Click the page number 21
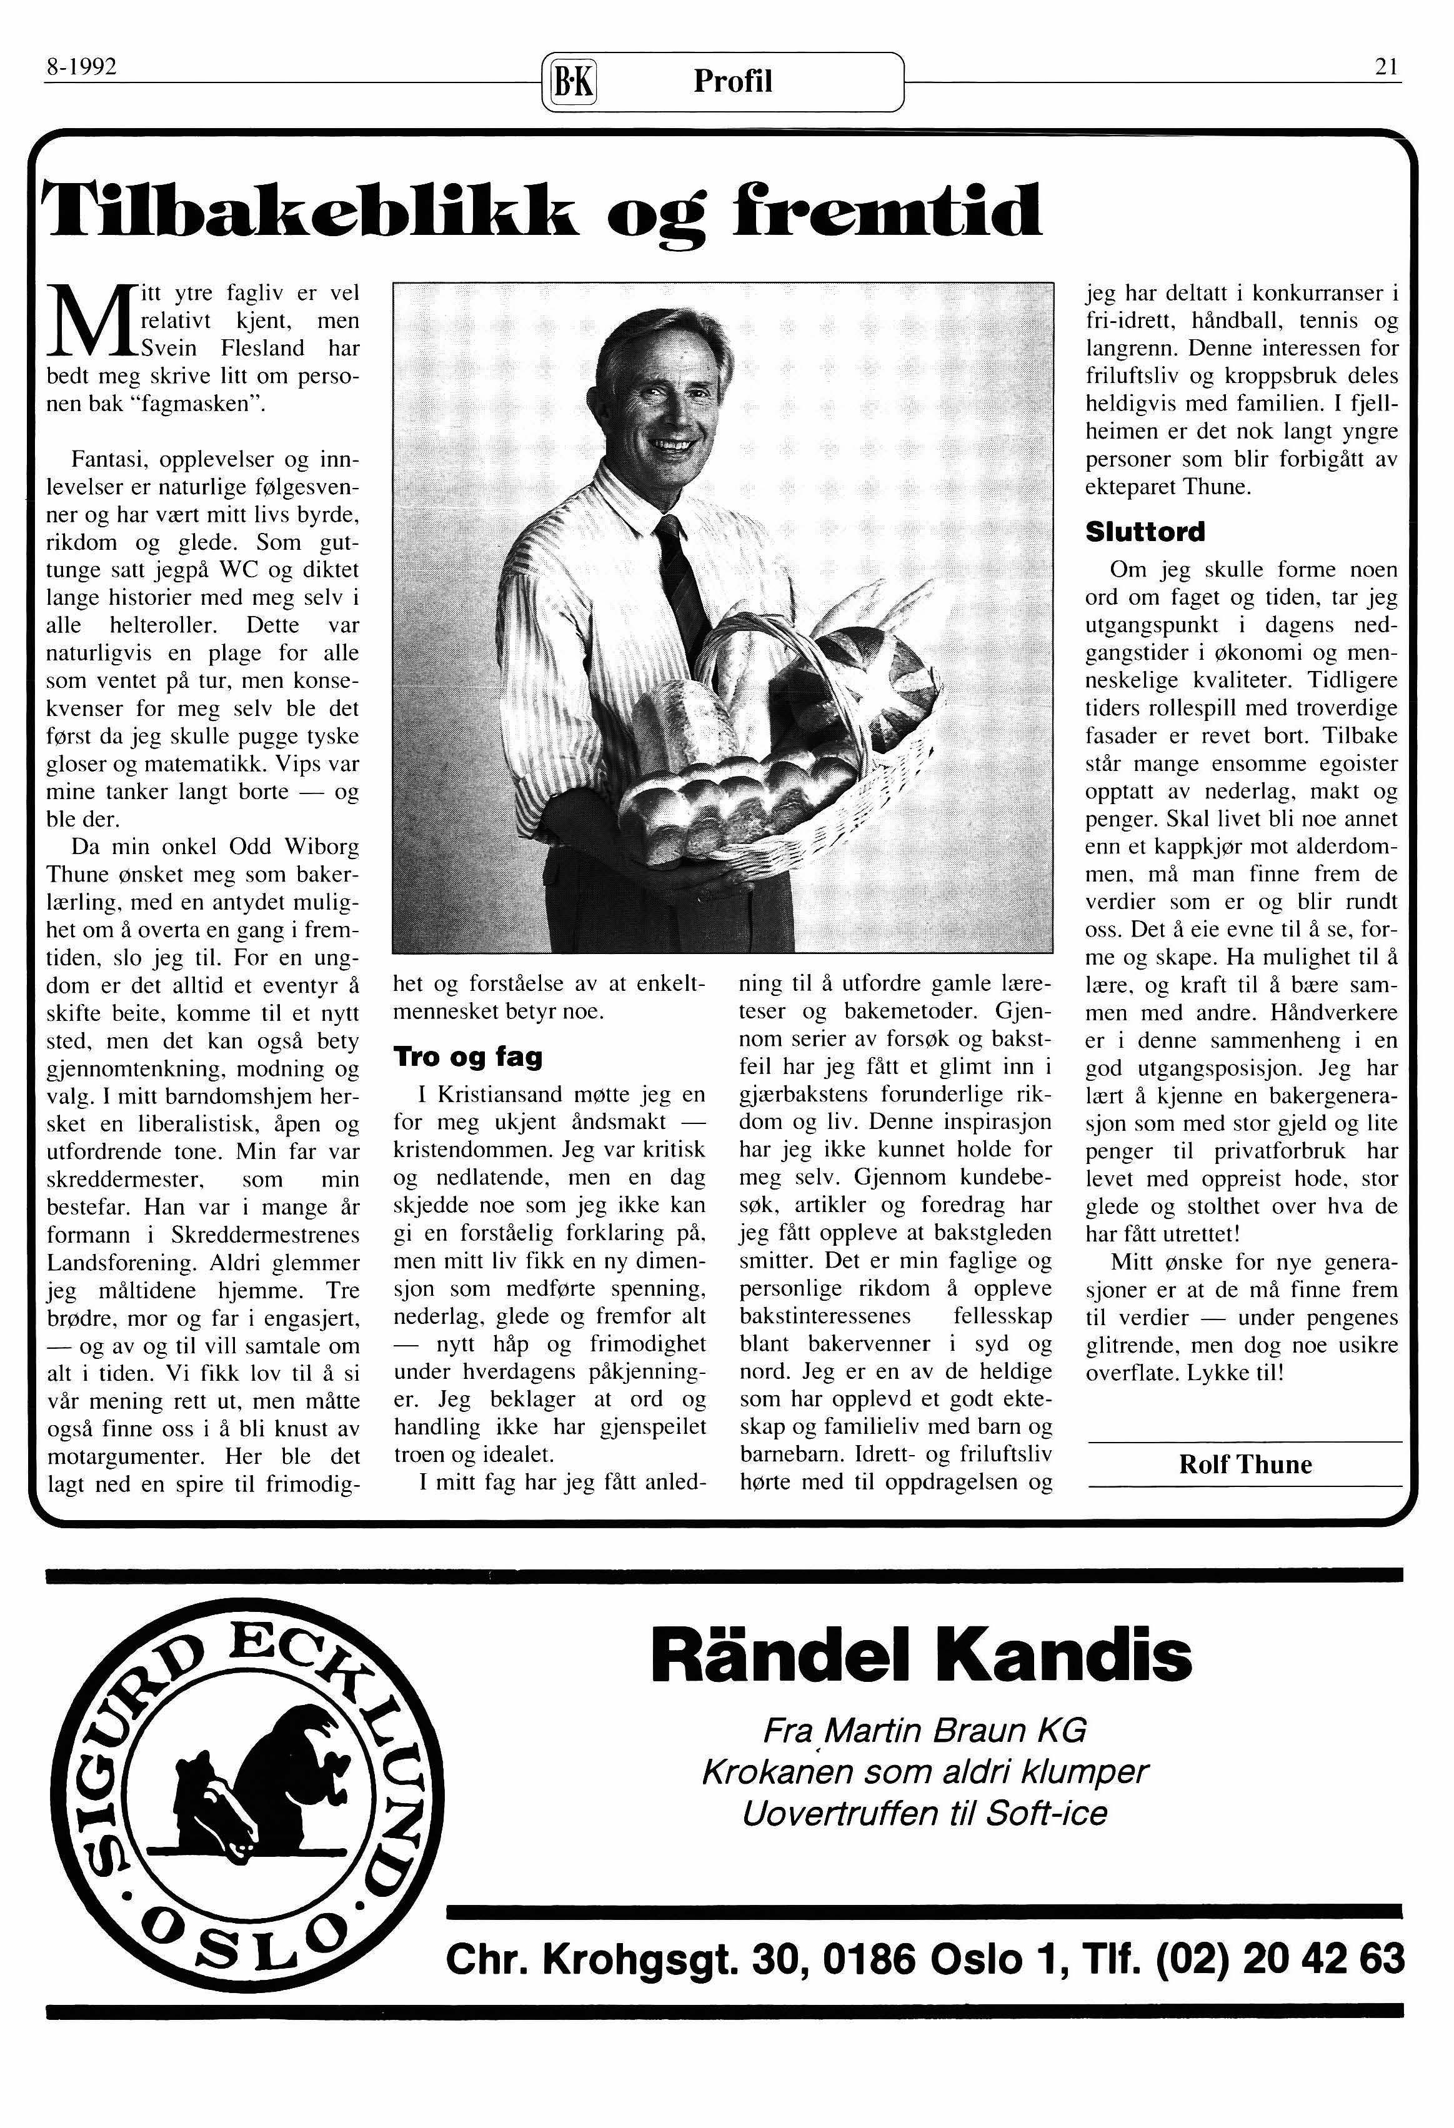click(1385, 67)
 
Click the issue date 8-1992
click(81, 67)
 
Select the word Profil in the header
click(732, 82)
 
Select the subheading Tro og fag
click(468, 1057)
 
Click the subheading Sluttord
click(1145, 532)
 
